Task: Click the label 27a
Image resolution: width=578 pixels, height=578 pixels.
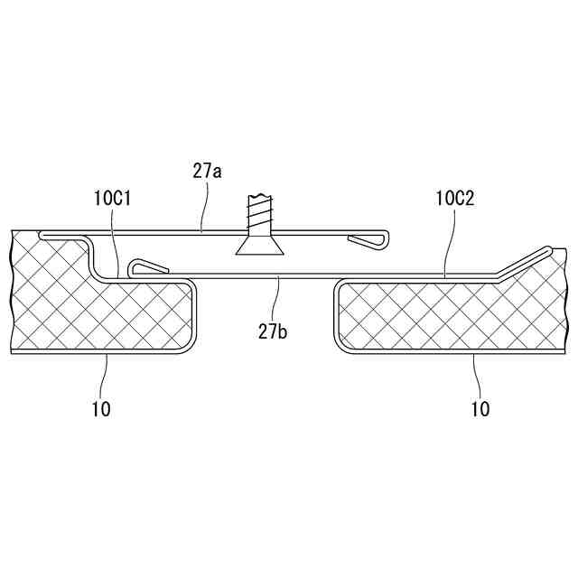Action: pos(207,169)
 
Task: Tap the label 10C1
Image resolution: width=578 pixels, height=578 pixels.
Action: pos(113,199)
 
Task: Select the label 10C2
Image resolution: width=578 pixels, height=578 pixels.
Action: pos(453,199)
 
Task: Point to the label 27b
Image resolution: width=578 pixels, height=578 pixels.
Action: pos(272,332)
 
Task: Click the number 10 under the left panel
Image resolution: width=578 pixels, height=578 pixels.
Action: pos(101,408)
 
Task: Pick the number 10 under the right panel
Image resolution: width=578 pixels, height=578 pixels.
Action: pos(480,408)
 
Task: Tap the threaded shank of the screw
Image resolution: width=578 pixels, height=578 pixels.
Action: pos(257,214)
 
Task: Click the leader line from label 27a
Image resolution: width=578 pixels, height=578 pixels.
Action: pos(204,208)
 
